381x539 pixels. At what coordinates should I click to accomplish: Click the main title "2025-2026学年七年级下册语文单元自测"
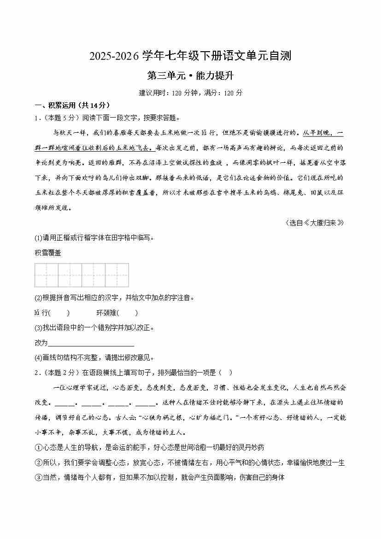pos(190,56)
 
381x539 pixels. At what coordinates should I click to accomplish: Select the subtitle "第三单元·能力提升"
pos(190,76)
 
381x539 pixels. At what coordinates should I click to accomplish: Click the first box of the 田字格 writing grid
pos(47,275)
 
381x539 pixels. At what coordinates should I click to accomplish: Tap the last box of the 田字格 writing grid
pos(117,275)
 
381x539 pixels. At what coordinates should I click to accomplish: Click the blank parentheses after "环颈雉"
pos(129,313)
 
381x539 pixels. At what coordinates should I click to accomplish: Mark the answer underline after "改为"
pos(91,343)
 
